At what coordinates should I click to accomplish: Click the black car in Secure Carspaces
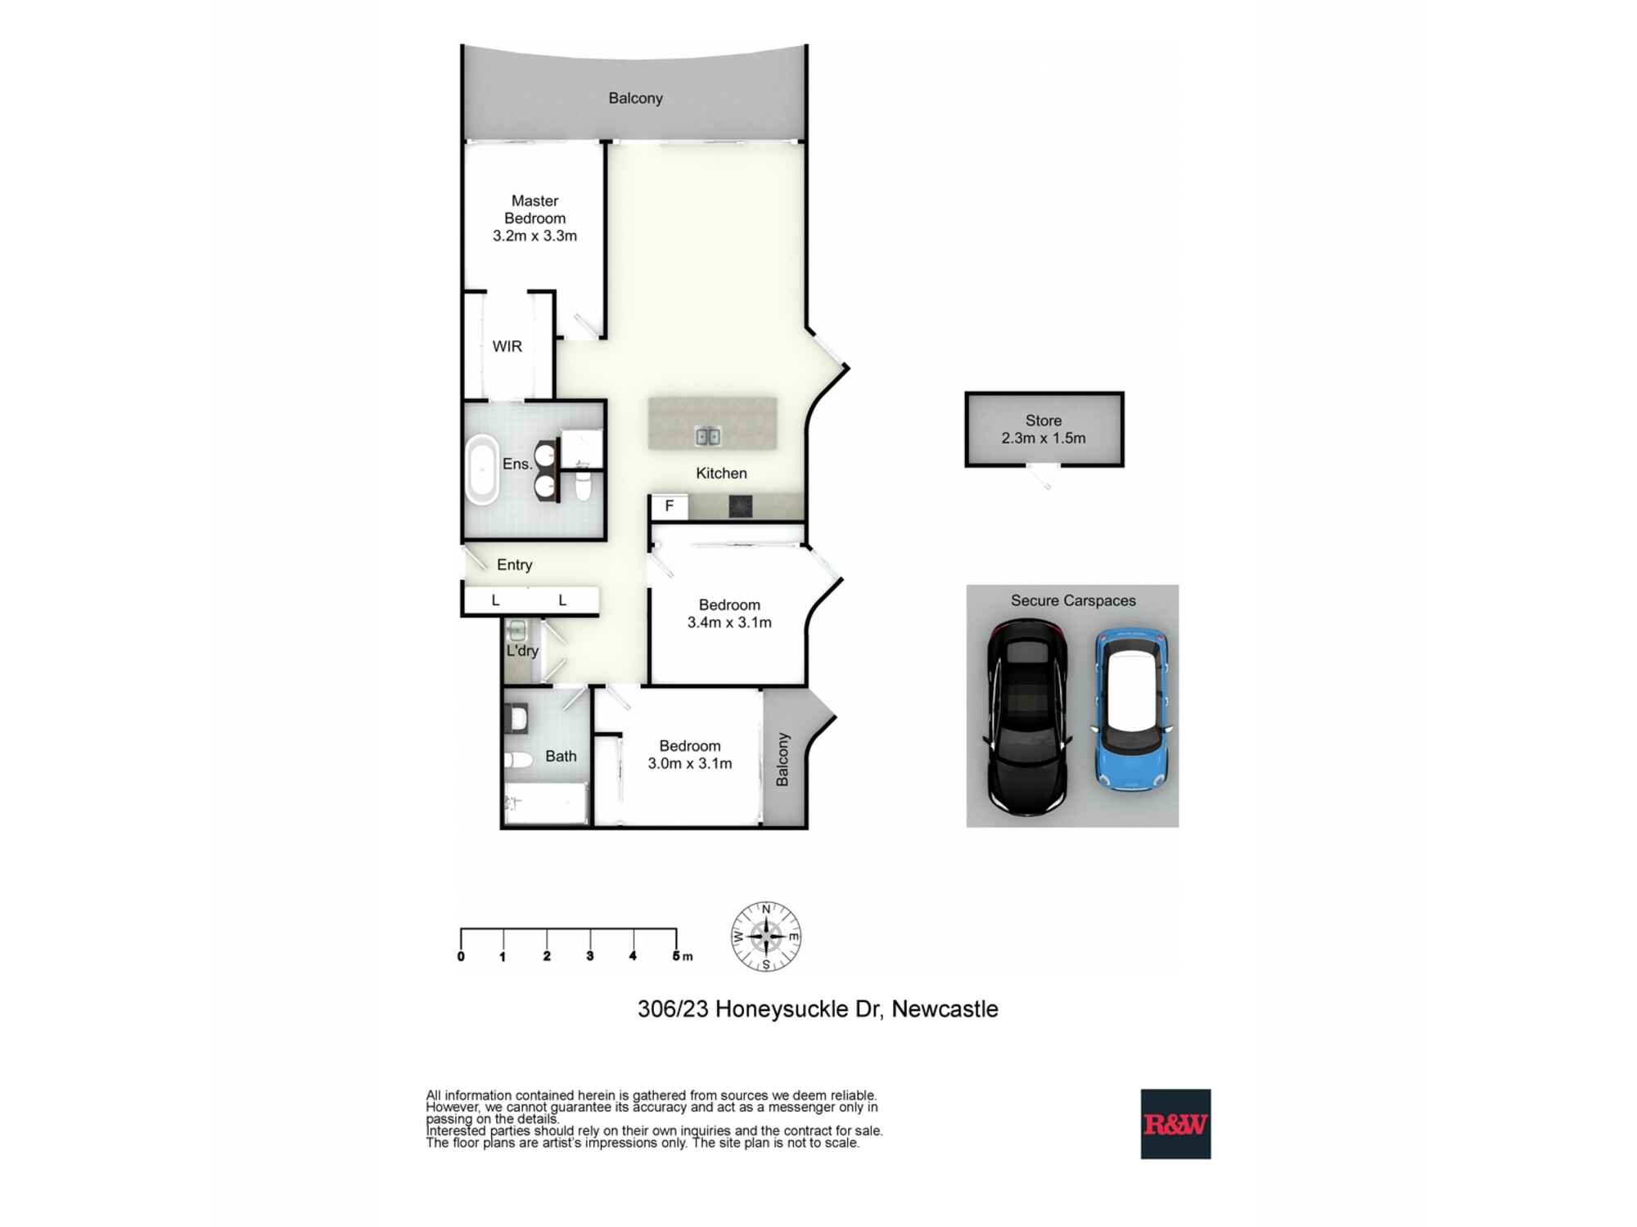pos(1027,717)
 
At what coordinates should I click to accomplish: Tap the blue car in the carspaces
pos(1132,709)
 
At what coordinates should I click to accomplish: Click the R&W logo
pos(1175,1124)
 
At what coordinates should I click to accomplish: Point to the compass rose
pos(766,937)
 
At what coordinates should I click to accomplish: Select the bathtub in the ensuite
pos(482,470)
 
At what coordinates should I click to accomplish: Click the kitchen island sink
pos(708,436)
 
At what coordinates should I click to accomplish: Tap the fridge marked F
pos(669,506)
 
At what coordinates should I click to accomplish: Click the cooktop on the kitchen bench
pos(740,506)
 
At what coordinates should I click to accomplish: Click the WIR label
pos(507,346)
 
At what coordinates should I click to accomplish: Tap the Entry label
pos(514,564)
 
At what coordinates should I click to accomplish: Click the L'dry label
pos(522,650)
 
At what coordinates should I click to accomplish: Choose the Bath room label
pos(561,756)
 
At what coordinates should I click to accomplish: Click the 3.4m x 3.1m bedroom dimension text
pos(729,622)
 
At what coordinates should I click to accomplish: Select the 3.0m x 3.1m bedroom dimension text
pos(690,763)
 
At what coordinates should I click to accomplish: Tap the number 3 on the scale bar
pos(589,956)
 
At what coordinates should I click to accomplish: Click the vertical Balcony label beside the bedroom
pos(782,759)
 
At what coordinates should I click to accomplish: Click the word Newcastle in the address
pos(945,1009)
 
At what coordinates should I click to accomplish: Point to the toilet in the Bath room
pos(517,760)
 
